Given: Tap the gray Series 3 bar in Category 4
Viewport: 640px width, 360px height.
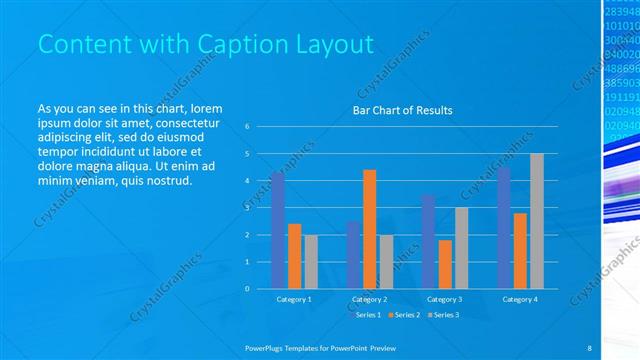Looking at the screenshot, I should pyautogui.click(x=537, y=221).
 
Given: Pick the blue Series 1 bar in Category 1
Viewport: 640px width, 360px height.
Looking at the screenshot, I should pyautogui.click(x=277, y=230).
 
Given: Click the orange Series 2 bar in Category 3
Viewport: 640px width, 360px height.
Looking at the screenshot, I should pyautogui.click(x=444, y=264).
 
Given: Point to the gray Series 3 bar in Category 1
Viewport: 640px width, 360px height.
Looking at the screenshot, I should pyautogui.click(x=311, y=262).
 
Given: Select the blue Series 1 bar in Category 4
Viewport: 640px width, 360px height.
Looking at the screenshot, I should pyautogui.click(x=503, y=228).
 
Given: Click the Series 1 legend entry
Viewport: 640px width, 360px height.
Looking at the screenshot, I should pyautogui.click(x=369, y=315).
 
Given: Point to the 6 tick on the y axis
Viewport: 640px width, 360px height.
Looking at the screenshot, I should pyautogui.click(x=247, y=127).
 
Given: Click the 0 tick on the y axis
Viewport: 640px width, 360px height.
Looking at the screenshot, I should pyautogui.click(x=247, y=289).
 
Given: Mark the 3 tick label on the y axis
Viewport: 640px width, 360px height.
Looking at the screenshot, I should pyautogui.click(x=247, y=208).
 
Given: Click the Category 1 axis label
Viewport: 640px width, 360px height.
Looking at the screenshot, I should pyautogui.click(x=294, y=299).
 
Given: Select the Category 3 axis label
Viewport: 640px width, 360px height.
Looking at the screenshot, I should pyautogui.click(x=444, y=299).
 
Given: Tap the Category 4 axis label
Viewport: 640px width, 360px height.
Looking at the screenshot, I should pyautogui.click(x=519, y=299).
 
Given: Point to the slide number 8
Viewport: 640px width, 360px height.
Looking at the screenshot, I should pyautogui.click(x=589, y=347).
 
